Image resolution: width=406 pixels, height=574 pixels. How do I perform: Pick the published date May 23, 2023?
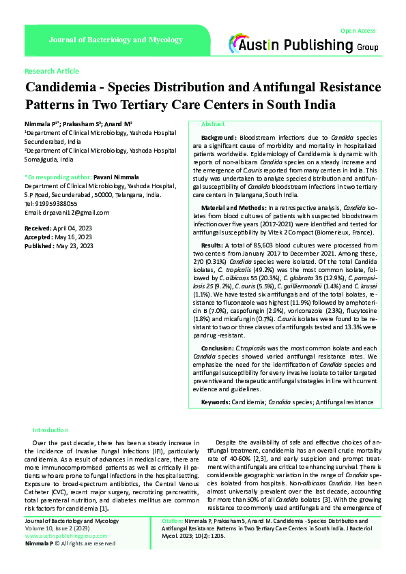pos(75,245)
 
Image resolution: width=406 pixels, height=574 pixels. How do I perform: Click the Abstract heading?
pos(213,124)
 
